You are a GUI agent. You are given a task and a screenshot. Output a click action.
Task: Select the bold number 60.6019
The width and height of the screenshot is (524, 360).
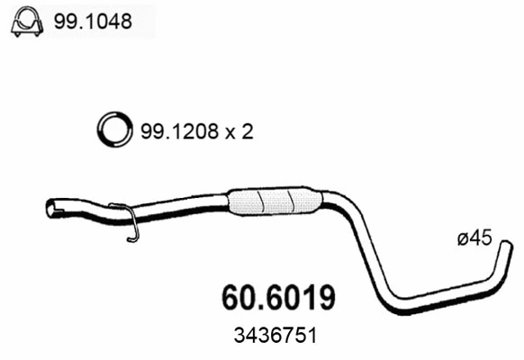click(x=281, y=297)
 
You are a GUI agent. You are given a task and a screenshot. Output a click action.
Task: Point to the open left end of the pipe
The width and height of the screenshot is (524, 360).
click(x=51, y=209)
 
